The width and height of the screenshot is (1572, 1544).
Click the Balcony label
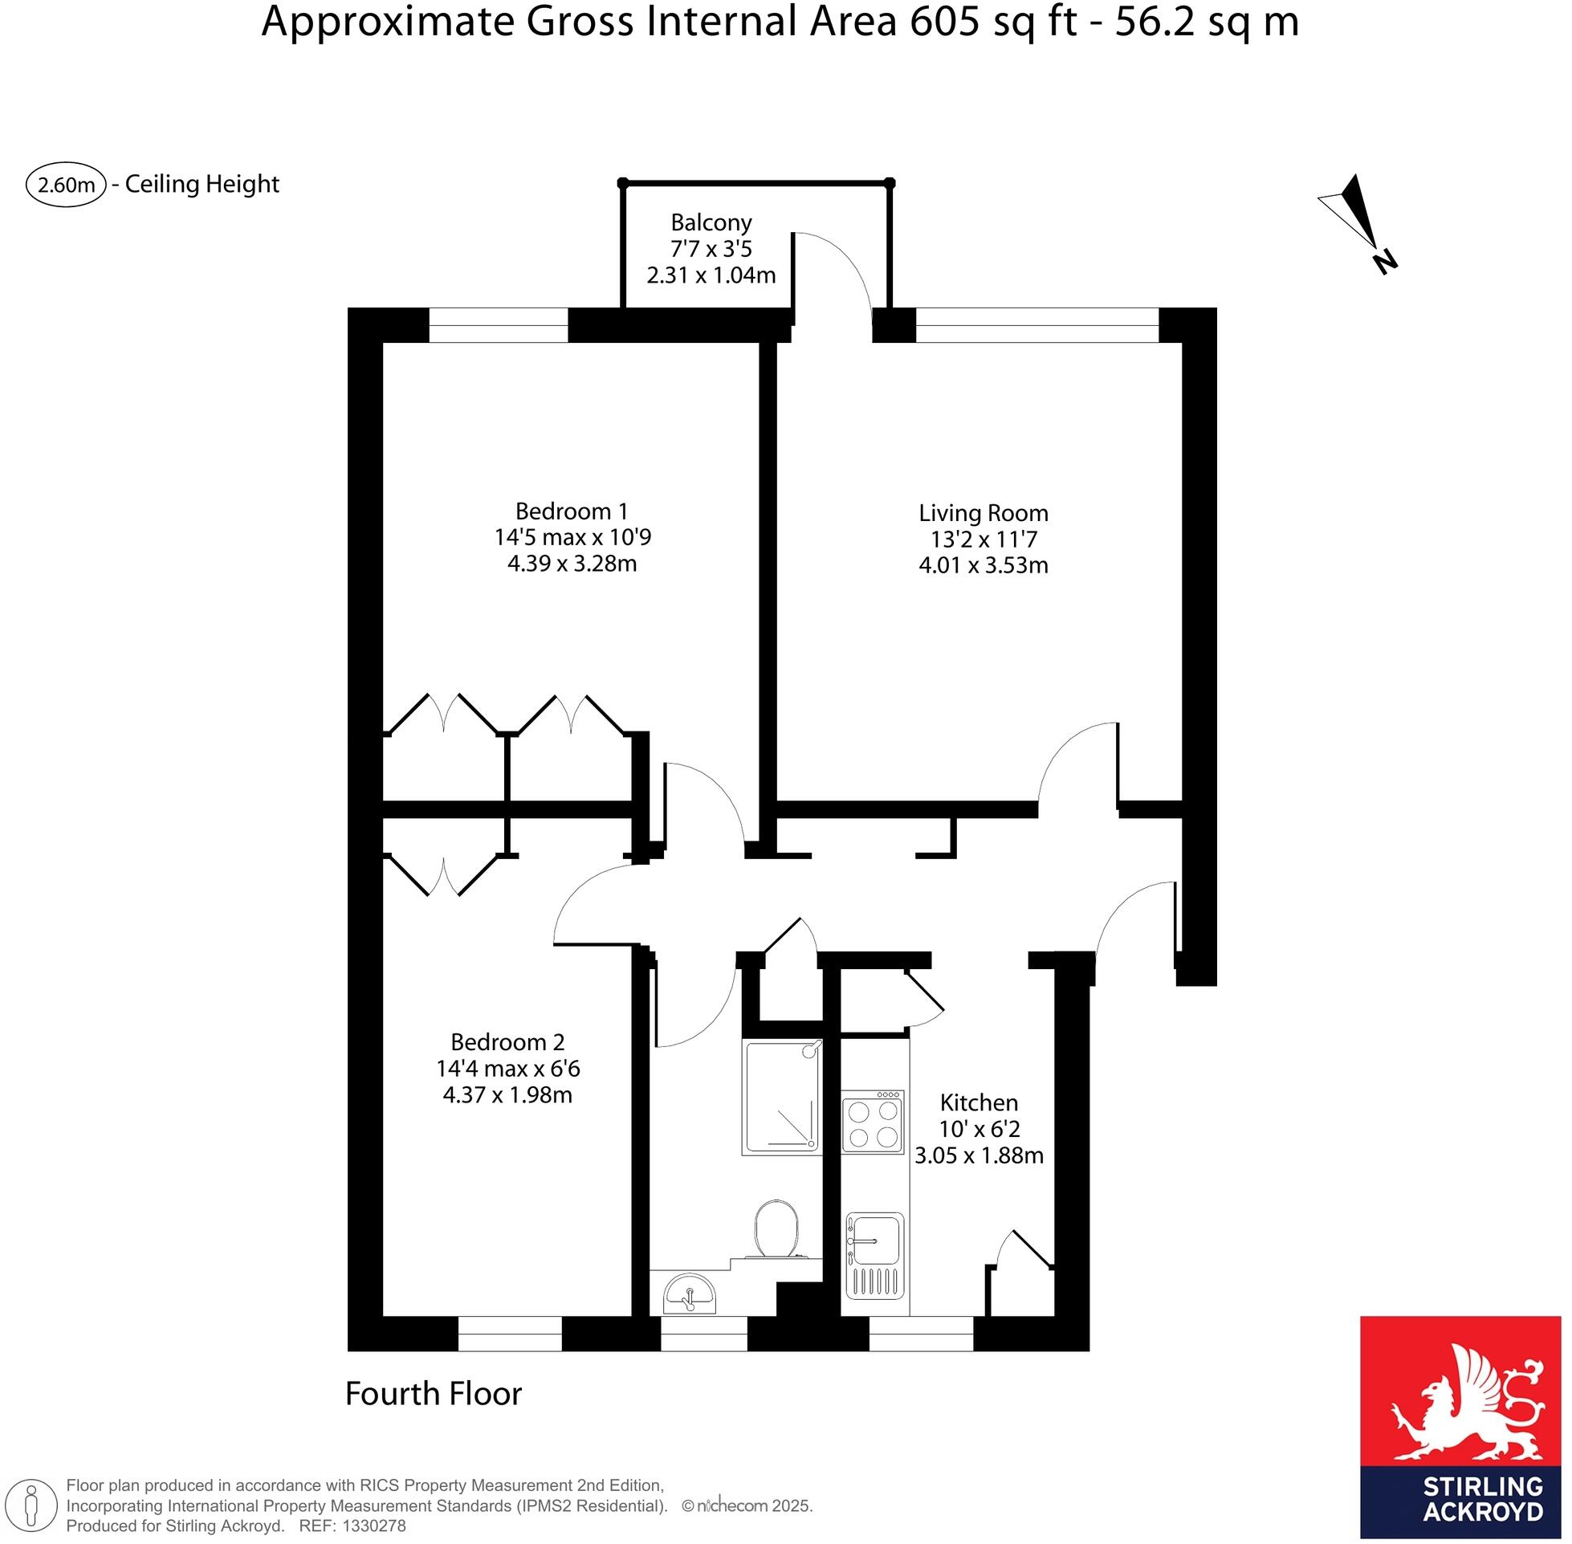(711, 222)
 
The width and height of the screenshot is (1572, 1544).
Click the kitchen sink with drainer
(874, 1255)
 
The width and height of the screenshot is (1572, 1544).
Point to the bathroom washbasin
(690, 1293)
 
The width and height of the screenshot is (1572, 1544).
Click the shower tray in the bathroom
(780, 1098)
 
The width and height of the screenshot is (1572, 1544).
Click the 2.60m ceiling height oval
(67, 185)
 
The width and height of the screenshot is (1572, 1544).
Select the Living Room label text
(983, 512)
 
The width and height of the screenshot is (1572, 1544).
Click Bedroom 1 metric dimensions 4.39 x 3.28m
(572, 563)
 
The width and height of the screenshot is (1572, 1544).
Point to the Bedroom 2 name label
(507, 1042)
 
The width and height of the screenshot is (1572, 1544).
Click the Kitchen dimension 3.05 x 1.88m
(979, 1155)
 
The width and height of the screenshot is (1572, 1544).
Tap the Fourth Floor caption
(433, 1394)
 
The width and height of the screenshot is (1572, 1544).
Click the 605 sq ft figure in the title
(993, 22)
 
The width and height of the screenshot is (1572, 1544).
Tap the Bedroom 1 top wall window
(498, 324)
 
